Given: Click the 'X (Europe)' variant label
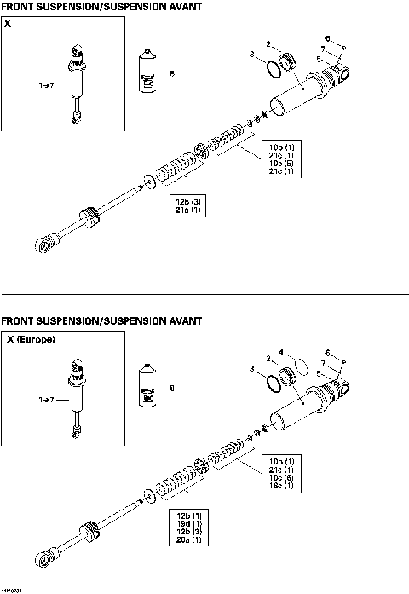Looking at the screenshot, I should point(32,339).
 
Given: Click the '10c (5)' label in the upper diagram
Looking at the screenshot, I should point(281,163).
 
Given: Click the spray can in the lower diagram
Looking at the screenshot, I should point(147,389).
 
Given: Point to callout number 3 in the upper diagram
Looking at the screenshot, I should point(252,55).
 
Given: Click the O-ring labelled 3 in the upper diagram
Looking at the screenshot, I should point(272,67).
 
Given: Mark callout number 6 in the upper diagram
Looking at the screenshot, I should point(329,37).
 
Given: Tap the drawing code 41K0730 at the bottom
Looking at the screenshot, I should point(12,589).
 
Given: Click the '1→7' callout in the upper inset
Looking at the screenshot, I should point(44,85).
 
